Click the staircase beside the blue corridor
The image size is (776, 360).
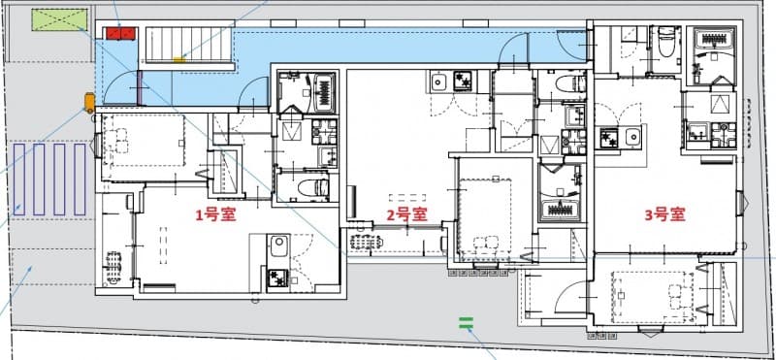point(191,46)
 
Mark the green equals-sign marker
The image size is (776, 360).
point(466,324)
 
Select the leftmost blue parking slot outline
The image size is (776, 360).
point(19,179)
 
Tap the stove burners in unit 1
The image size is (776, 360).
point(276,278)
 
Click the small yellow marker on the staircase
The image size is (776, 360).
point(178,60)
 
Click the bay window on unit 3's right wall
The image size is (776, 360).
point(744,204)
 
